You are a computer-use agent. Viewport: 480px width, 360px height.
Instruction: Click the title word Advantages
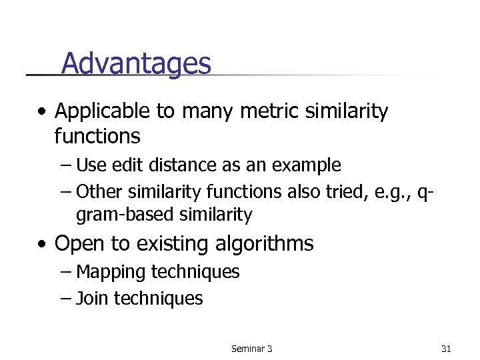pyautogui.click(x=136, y=64)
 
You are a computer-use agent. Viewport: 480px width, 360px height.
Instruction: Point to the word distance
pyautogui.click(x=165, y=165)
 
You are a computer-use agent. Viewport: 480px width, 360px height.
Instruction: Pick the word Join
pyautogui.click(x=92, y=298)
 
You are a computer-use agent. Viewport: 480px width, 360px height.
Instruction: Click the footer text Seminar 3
pyautogui.click(x=251, y=348)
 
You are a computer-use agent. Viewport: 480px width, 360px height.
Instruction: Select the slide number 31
pyautogui.click(x=446, y=348)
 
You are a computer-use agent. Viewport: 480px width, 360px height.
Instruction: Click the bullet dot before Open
pyautogui.click(x=43, y=244)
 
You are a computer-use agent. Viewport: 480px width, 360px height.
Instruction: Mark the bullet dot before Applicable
pyautogui.click(x=43, y=111)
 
